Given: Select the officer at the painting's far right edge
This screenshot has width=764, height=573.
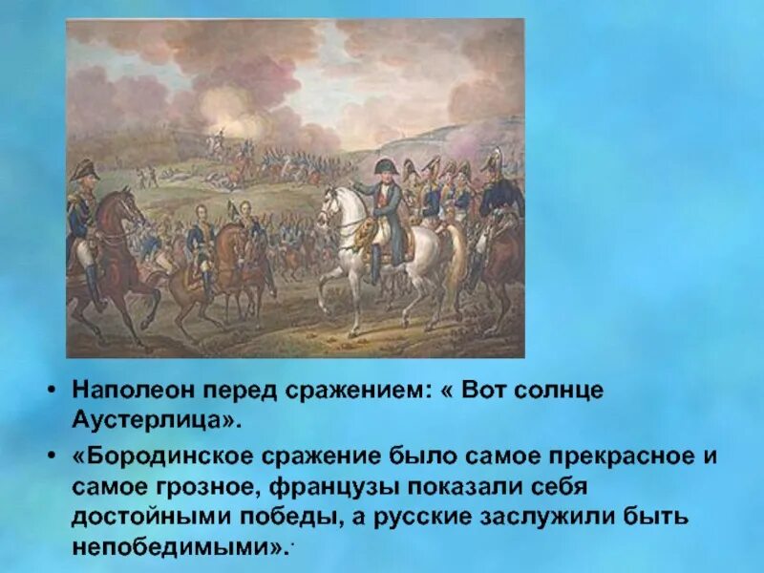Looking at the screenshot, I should tap(501, 201).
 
